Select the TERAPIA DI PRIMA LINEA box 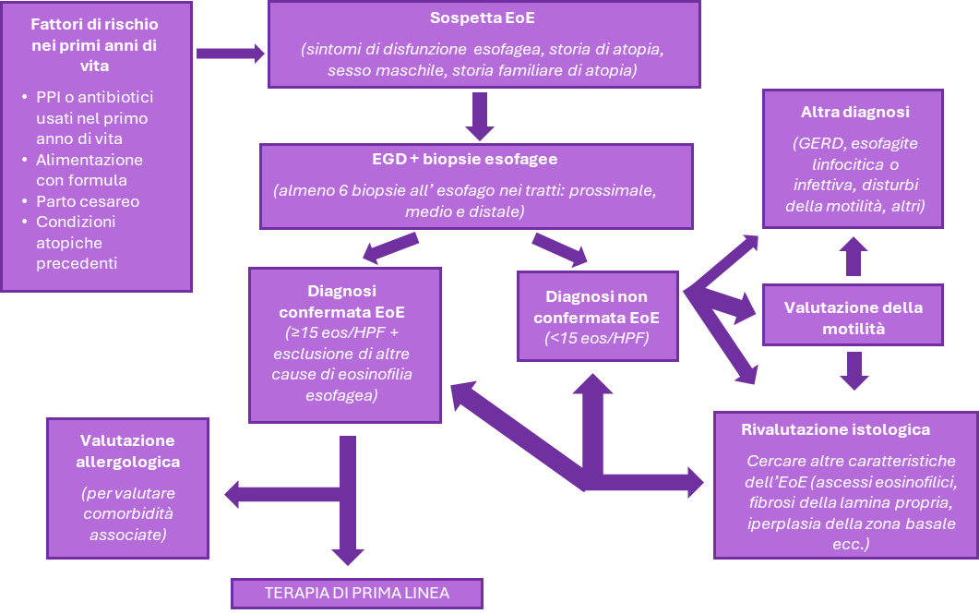click(x=356, y=593)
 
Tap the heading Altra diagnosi click(x=855, y=113)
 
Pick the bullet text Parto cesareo click(x=88, y=201)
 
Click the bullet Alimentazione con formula click(x=89, y=170)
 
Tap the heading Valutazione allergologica click(x=127, y=451)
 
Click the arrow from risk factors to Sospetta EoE click(x=230, y=54)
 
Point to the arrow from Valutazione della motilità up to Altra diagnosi click(x=854, y=256)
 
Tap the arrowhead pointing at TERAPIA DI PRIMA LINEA click(x=348, y=556)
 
